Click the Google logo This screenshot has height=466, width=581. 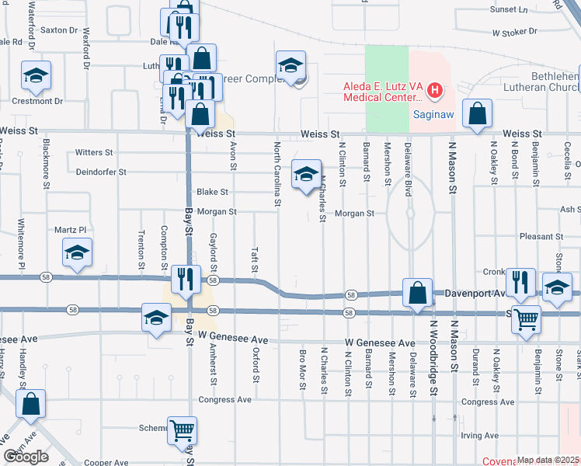26,457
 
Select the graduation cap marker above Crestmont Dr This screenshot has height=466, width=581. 36,75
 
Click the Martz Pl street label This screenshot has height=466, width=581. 70,230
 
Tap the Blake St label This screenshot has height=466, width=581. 212,192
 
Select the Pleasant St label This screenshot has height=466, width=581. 541,236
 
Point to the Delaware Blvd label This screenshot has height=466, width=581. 407,162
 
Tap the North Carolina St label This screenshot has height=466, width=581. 277,175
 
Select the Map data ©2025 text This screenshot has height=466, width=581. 548,460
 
